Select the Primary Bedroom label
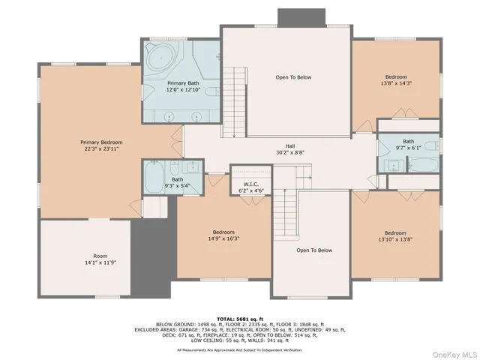(101, 142)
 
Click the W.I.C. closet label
(250, 184)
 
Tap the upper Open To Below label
(293, 77)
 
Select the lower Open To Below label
(313, 250)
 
